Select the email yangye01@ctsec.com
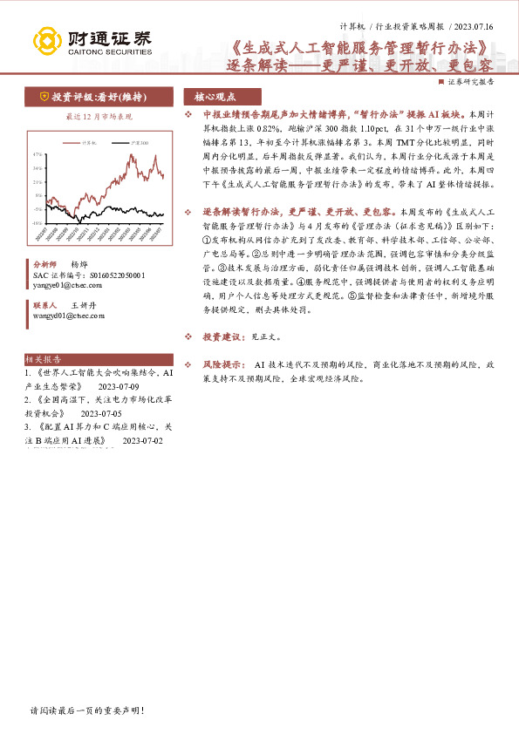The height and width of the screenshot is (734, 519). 65,284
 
